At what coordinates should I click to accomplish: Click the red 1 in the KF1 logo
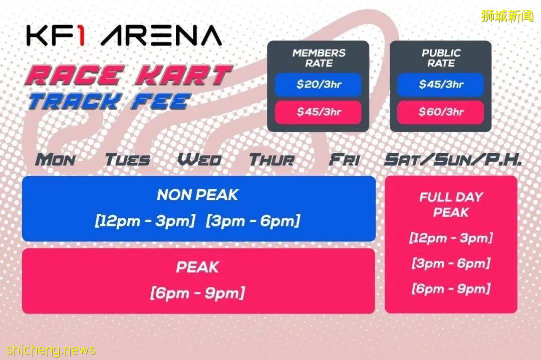coord(80,35)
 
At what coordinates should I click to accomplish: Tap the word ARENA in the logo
coord(161,36)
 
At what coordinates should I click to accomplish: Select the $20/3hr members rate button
coord(318,85)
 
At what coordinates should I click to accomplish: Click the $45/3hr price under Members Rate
coord(318,112)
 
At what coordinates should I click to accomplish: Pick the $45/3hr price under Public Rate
coord(441,85)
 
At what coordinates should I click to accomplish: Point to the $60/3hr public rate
coord(441,112)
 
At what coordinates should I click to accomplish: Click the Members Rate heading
coord(319,58)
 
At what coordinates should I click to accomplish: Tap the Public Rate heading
coord(441,58)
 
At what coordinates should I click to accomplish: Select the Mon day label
coord(55,160)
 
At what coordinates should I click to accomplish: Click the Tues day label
coord(128,160)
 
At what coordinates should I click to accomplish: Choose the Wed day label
coord(199,160)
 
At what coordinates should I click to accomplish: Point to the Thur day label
coord(272,160)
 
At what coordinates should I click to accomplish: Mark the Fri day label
coord(344,160)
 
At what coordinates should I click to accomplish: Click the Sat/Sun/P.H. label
coord(453,160)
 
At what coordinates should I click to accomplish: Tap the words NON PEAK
coord(198,195)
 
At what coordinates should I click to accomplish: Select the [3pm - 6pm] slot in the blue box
coord(253,221)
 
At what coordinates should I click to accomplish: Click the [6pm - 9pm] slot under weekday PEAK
coord(198,293)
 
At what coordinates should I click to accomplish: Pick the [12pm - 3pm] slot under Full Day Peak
coord(451,238)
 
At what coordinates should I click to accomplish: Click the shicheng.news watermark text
coord(51,350)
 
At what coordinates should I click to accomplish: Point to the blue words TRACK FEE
coord(109,102)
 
